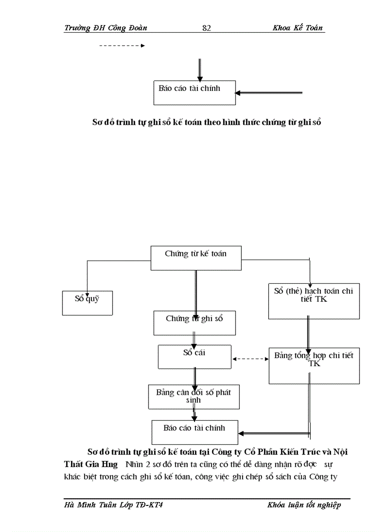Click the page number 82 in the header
click(206, 28)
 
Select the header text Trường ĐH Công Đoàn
click(105, 27)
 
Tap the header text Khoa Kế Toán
click(298, 27)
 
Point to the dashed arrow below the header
click(122, 46)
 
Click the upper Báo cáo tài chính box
click(194, 92)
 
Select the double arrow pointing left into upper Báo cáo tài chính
click(268, 93)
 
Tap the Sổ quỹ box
click(88, 303)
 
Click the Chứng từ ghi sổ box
click(194, 323)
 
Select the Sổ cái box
click(194, 357)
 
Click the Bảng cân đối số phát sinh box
click(194, 397)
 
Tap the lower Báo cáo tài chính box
click(194, 432)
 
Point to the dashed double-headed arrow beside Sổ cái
click(250, 359)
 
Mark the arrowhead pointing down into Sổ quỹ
click(87, 288)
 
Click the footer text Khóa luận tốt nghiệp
click(304, 505)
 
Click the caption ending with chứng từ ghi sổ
click(206, 122)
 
